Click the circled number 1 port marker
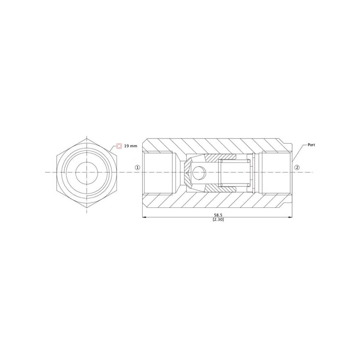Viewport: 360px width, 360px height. click(x=137, y=167)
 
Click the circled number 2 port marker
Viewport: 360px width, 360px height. click(x=297, y=167)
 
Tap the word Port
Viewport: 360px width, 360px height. click(x=311, y=145)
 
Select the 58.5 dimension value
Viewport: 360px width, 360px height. click(x=218, y=215)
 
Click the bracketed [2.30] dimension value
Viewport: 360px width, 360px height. click(x=218, y=220)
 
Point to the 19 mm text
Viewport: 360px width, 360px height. click(x=130, y=146)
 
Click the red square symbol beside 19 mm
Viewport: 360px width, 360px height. click(x=119, y=146)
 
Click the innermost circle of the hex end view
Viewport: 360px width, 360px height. click(x=86, y=172)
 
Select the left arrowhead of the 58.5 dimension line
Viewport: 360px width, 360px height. click(x=144, y=217)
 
